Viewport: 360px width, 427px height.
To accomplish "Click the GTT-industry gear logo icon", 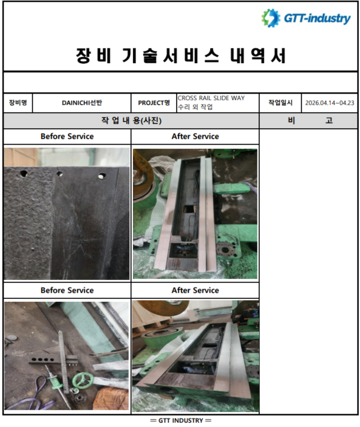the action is tap(271, 18).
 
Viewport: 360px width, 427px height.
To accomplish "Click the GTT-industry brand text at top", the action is tap(317, 18).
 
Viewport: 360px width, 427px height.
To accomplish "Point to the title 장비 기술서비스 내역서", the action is tap(181, 55).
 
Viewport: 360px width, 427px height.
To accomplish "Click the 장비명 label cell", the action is tap(18, 103).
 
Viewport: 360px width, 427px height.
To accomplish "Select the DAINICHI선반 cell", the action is tap(81, 103).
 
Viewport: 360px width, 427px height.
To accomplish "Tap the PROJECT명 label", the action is tap(154, 103).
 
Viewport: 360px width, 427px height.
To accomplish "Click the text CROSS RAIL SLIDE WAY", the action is tap(211, 98).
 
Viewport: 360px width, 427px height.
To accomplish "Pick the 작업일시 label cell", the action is tap(280, 103).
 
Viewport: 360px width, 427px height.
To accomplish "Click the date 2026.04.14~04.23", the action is tap(330, 103).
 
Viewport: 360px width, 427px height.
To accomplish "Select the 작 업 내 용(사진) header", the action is tap(131, 120).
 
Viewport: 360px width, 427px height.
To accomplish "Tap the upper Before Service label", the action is tap(67, 136).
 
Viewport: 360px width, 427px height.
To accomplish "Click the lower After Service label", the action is tap(195, 290).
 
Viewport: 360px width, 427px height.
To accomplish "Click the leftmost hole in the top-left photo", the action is tap(23, 174).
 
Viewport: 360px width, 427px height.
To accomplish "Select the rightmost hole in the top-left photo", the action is tap(101, 176).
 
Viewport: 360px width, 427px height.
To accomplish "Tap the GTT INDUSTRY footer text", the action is tap(181, 420).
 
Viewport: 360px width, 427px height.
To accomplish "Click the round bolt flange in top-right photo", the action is tap(226, 248).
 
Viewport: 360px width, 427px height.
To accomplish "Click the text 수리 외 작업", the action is tap(195, 107).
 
